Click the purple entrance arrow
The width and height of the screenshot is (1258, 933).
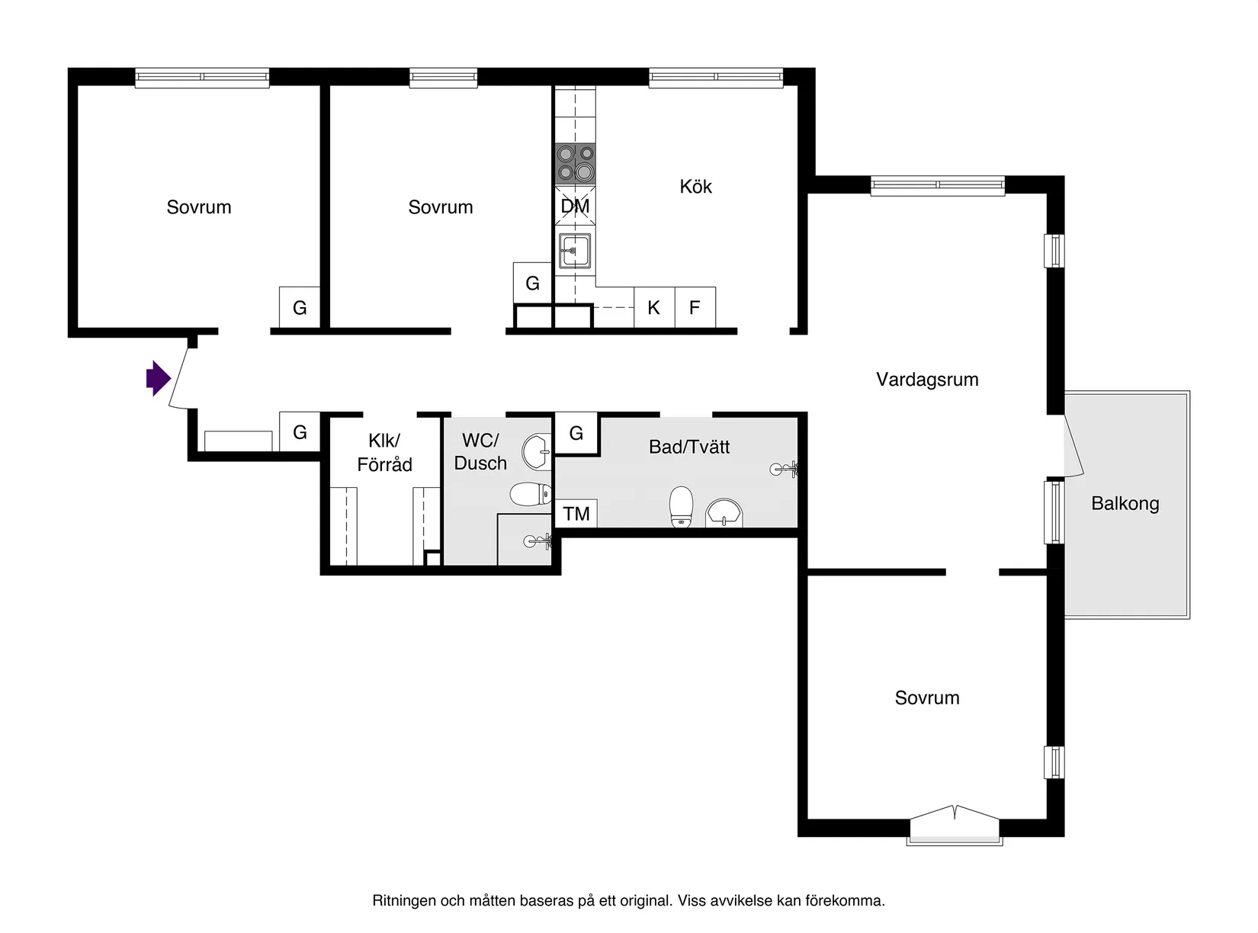click(158, 378)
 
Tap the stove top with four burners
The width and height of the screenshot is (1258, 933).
click(575, 163)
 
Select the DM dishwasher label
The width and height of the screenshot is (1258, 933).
click(575, 206)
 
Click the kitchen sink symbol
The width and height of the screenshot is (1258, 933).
click(574, 251)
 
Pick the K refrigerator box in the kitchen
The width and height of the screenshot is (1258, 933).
click(653, 307)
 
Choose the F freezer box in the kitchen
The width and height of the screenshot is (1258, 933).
click(695, 307)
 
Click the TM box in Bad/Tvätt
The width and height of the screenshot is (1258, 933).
click(576, 514)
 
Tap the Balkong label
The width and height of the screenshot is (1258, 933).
click(1125, 503)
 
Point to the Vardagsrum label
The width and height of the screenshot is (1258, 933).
click(926, 379)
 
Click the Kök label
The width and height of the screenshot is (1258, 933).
click(695, 187)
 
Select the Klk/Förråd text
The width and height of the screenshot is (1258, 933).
click(384, 452)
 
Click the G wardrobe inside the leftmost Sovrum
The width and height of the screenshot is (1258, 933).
click(300, 307)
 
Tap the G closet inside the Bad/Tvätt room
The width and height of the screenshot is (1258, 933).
click(576, 433)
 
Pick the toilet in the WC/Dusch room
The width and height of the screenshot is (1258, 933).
click(530, 495)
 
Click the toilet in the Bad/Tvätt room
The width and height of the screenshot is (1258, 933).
click(681, 507)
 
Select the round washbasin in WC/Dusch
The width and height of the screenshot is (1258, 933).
click(537, 452)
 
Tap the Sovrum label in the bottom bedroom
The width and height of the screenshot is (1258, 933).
click(926, 697)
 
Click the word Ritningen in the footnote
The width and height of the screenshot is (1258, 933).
click(403, 901)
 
